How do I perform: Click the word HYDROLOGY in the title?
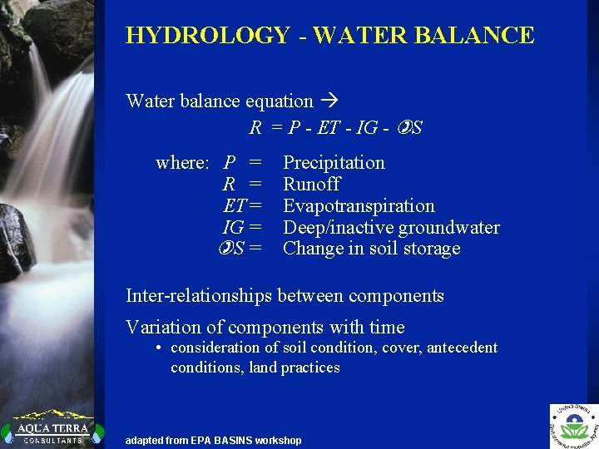click(206, 36)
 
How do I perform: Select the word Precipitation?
click(334, 162)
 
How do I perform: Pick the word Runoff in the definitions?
click(311, 184)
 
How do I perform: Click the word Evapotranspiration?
click(359, 205)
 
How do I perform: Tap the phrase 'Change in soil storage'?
click(371, 249)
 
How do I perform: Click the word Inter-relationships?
click(199, 295)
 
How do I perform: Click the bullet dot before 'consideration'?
click(158, 348)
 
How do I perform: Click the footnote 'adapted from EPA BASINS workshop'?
click(213, 440)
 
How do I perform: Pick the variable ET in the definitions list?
click(235, 205)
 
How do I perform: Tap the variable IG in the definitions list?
click(233, 227)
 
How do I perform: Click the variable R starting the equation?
click(255, 128)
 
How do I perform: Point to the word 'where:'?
click(182, 162)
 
